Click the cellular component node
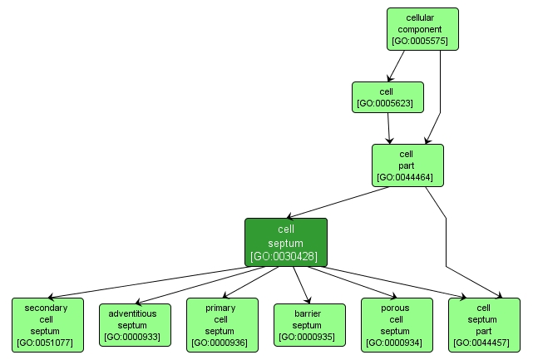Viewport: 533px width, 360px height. (x=422, y=29)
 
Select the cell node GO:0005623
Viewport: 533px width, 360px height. (x=387, y=97)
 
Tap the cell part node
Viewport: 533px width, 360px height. (x=407, y=165)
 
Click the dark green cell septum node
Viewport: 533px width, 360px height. (x=285, y=242)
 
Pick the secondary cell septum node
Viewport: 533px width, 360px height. (x=47, y=324)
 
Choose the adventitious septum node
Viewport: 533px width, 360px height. (x=135, y=325)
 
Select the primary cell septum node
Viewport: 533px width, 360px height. (x=221, y=324)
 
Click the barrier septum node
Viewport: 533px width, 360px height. (x=308, y=325)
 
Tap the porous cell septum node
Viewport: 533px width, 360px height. (x=396, y=324)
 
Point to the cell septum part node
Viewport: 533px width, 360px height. (x=483, y=324)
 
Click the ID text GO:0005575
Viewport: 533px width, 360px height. (x=422, y=40)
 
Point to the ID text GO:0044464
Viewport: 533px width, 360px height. (x=407, y=177)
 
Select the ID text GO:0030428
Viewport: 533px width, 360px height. (x=285, y=255)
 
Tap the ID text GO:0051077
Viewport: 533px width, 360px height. (x=47, y=342)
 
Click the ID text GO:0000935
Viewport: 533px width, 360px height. (x=308, y=337)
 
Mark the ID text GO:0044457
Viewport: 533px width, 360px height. (x=483, y=342)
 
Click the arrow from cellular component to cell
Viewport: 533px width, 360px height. (x=396, y=65)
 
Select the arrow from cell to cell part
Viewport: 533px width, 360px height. (x=390, y=128)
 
